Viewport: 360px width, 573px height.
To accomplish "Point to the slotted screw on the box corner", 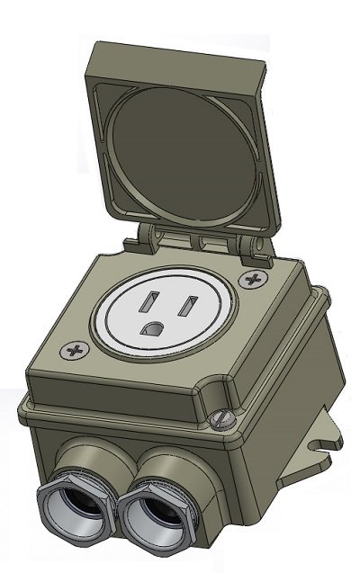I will coord(227,418).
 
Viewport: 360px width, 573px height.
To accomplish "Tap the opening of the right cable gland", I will coord(154,528).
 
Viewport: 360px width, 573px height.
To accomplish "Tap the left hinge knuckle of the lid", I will coord(148,237).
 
